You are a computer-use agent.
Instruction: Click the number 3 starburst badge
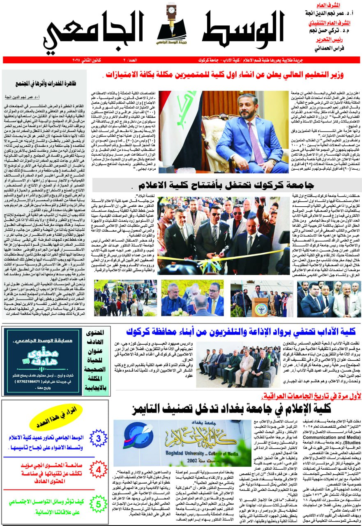coord(98,438)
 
